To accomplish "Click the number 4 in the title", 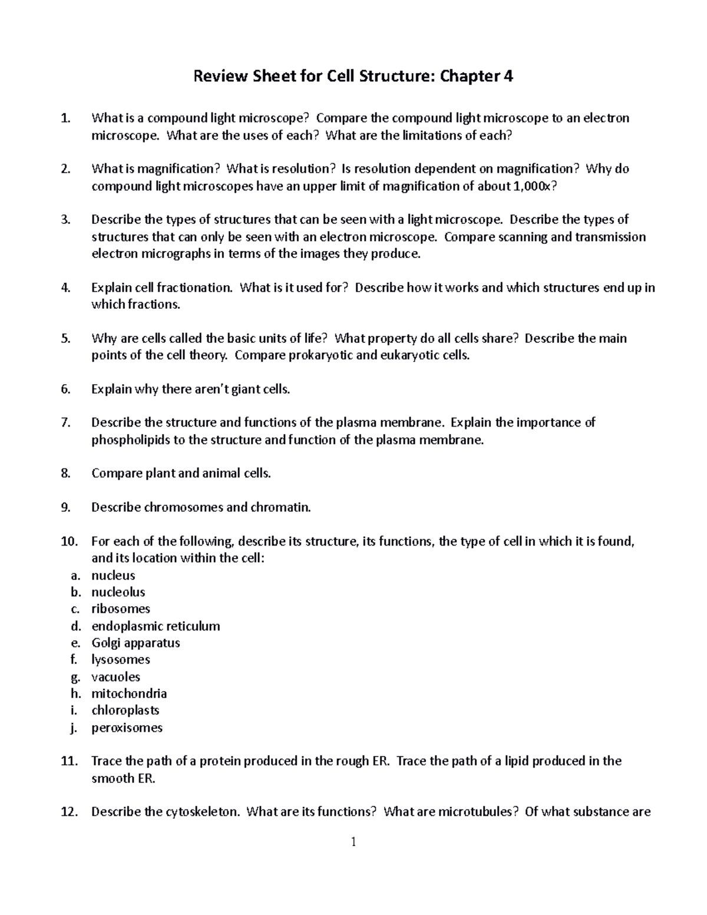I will (508, 76).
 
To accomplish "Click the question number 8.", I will (65, 473).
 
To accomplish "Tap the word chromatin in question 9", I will (280, 507).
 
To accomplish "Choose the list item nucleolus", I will (118, 592).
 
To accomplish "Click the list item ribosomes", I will (120, 609).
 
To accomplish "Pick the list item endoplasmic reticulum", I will (156, 626).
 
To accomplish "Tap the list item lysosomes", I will (120, 659).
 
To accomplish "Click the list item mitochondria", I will (129, 693).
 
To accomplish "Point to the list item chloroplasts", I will (125, 710).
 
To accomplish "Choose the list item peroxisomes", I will (127, 728).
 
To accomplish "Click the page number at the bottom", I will (353, 842).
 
